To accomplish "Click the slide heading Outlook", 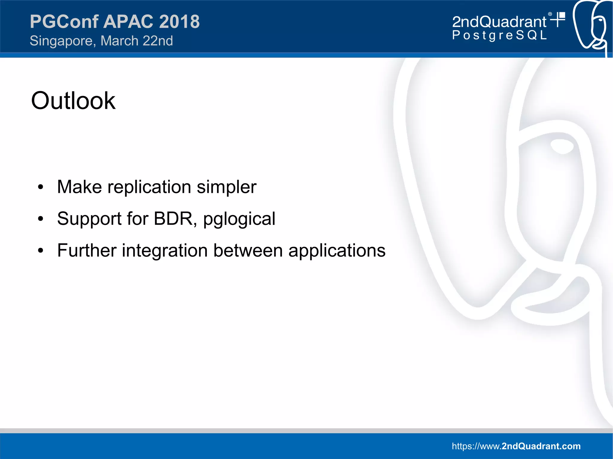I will [x=73, y=101].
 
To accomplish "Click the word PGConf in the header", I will [x=64, y=22].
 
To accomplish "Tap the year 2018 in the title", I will [x=179, y=22].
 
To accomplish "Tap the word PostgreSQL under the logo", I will [x=499, y=35].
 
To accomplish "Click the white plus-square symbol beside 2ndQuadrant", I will [x=558, y=19].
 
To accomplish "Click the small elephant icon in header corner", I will [x=591, y=27].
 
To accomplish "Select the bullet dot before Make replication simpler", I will [x=41, y=187].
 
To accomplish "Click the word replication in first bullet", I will [x=149, y=187].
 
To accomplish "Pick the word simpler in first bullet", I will [x=226, y=187].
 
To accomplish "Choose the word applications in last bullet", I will [x=337, y=251].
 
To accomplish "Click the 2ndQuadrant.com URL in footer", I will [x=516, y=446].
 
